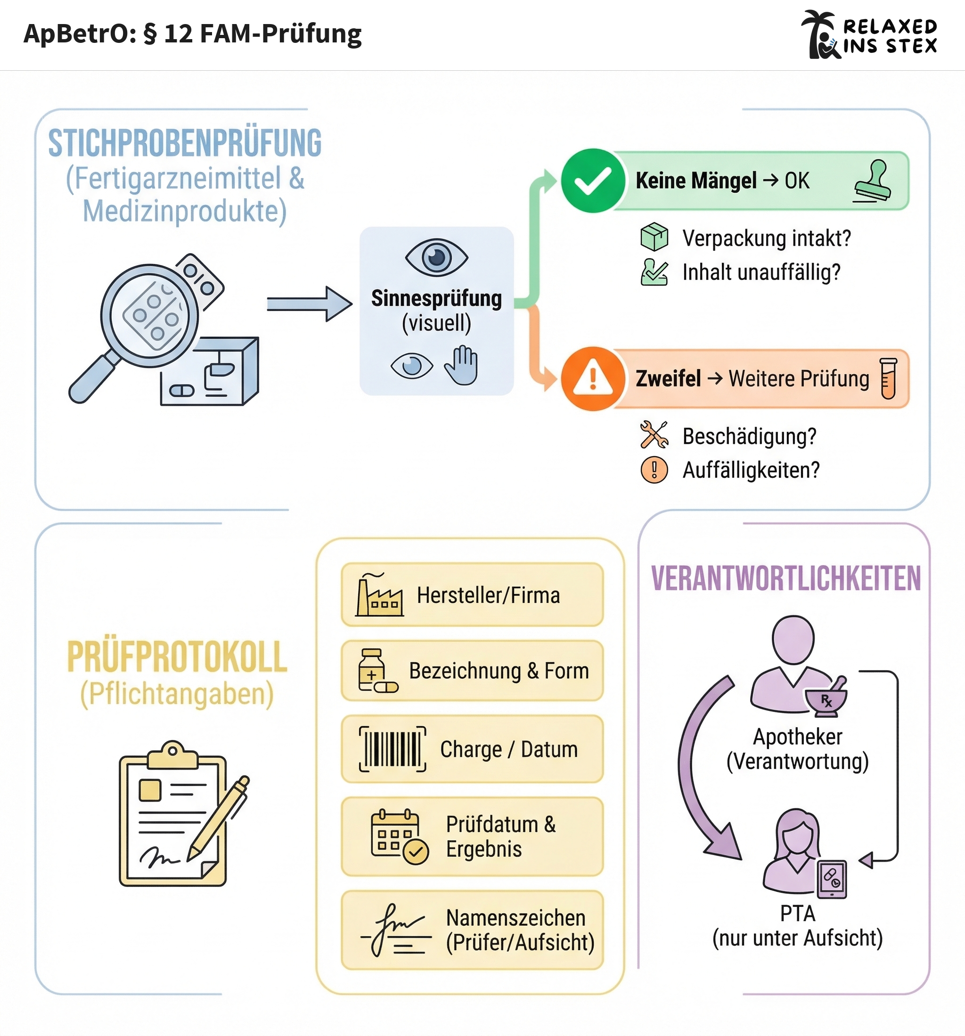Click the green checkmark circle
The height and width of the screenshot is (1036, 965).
[592, 181]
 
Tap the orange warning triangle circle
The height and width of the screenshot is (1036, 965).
[592, 378]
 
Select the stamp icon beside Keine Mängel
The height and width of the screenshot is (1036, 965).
[873, 181]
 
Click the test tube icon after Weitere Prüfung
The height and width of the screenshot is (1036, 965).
[888, 378]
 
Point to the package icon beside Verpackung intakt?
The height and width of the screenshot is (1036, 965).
[654, 237]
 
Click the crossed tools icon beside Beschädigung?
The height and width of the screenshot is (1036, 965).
[654, 435]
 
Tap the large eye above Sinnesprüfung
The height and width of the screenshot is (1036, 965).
[437, 257]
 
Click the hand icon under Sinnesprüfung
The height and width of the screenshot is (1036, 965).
[461, 365]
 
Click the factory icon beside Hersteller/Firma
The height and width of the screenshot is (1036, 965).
[379, 595]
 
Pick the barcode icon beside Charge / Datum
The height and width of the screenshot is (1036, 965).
[393, 749]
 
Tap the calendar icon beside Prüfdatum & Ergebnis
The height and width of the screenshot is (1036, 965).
[399, 837]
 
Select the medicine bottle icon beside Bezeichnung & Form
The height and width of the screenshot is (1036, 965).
[377, 671]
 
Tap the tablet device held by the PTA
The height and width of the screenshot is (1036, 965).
[832, 879]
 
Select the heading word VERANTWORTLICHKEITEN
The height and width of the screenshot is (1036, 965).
[786, 578]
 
